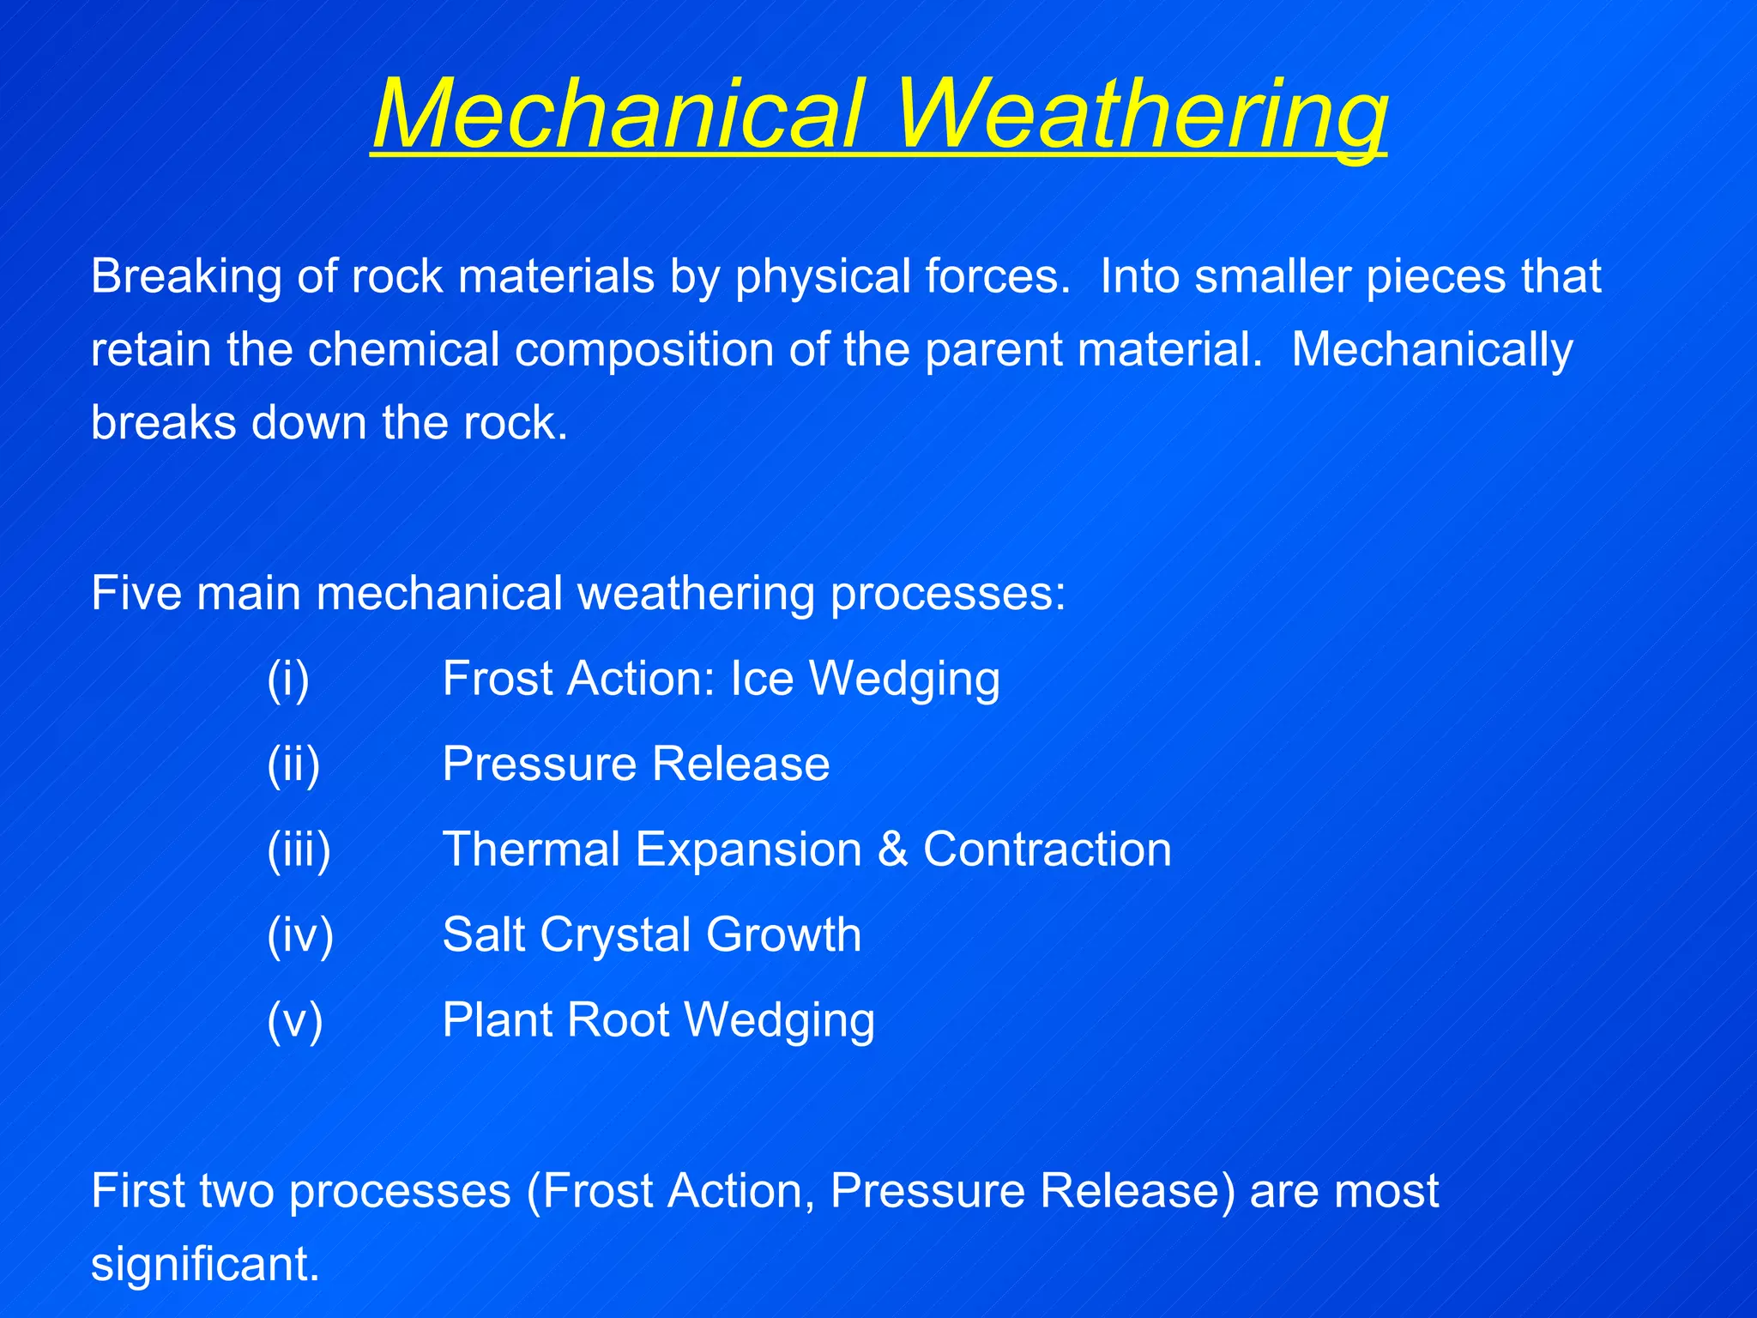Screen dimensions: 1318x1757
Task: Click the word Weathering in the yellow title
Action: coord(1141,114)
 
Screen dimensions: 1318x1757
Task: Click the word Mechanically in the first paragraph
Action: coord(1432,350)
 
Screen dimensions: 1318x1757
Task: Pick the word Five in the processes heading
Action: coord(136,593)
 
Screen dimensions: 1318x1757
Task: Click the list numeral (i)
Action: coord(288,679)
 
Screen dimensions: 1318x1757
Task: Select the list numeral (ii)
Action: coord(293,764)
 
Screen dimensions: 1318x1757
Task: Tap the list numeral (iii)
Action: coord(299,849)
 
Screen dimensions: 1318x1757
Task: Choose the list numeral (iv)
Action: coord(300,934)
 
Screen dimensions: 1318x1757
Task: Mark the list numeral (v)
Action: coord(294,1020)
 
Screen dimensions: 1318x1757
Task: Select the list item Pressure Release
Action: coord(636,764)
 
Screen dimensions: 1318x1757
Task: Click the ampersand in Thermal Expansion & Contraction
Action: coord(892,849)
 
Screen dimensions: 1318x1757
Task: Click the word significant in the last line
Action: coord(205,1264)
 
